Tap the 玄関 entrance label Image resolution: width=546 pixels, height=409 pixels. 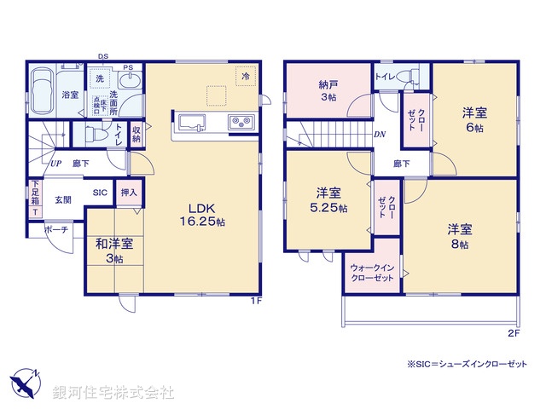tap(63, 199)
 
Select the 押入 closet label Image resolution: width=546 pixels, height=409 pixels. tap(128, 193)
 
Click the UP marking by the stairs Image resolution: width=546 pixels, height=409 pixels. tap(55, 163)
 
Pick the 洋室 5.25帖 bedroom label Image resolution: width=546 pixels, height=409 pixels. tap(329, 199)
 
